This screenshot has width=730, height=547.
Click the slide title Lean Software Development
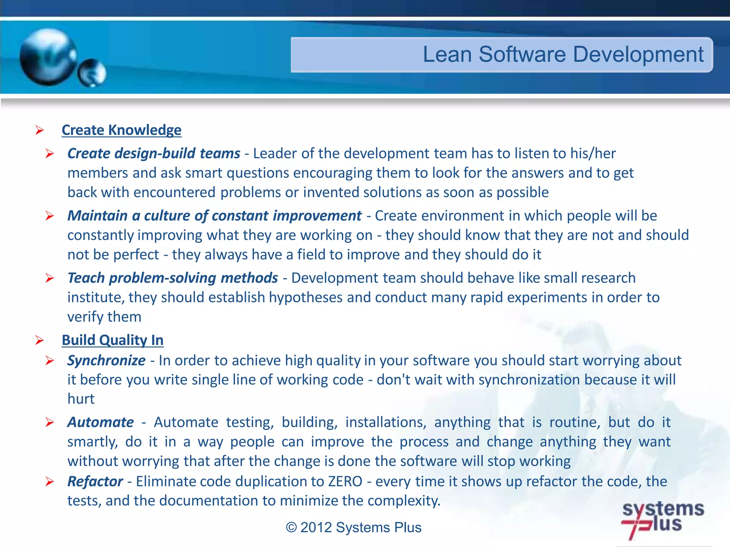pyautogui.click(x=563, y=54)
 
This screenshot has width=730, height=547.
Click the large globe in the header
pyautogui.click(x=48, y=57)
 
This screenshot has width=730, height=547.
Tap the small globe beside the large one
pyautogui.click(x=92, y=73)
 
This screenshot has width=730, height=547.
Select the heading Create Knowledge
pyautogui.click(x=121, y=130)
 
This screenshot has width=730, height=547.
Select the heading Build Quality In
pyautogui.click(x=112, y=340)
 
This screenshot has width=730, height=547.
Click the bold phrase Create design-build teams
pyautogui.click(x=154, y=153)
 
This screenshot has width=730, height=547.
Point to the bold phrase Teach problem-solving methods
pyautogui.click(x=173, y=278)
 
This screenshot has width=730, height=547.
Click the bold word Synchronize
pyautogui.click(x=106, y=360)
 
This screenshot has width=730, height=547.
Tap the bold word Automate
pyautogui.click(x=101, y=422)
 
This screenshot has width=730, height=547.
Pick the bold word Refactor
pyautogui.click(x=95, y=481)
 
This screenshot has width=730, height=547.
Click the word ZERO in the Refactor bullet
pyautogui.click(x=345, y=481)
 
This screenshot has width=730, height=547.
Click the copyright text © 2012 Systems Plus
pyautogui.click(x=353, y=527)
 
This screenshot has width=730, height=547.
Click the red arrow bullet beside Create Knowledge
pyautogui.click(x=40, y=130)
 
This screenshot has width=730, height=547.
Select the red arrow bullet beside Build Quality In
pyautogui.click(x=40, y=340)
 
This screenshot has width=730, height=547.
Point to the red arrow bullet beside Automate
pyautogui.click(x=50, y=423)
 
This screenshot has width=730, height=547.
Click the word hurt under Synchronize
pyautogui.click(x=81, y=399)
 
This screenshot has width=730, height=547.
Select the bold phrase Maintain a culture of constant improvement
pyautogui.click(x=214, y=216)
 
